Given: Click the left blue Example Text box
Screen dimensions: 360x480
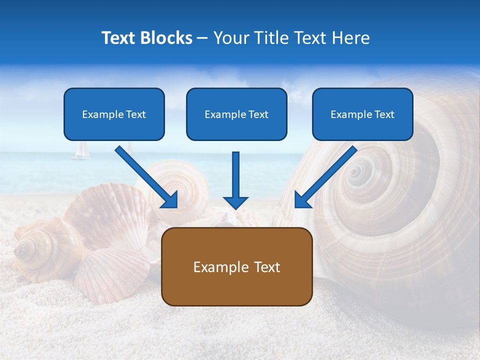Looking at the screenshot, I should tap(114, 114).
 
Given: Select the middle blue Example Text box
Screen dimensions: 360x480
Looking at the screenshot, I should tap(236, 114).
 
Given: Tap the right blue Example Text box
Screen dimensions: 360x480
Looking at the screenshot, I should tap(362, 114).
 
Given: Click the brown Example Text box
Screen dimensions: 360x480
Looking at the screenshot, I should tap(236, 266).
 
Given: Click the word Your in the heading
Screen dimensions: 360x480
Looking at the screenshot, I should tap(228, 38).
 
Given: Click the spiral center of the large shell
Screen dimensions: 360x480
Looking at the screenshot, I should tap(356, 172).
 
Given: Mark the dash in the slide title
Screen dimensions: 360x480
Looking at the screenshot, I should tap(202, 38).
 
